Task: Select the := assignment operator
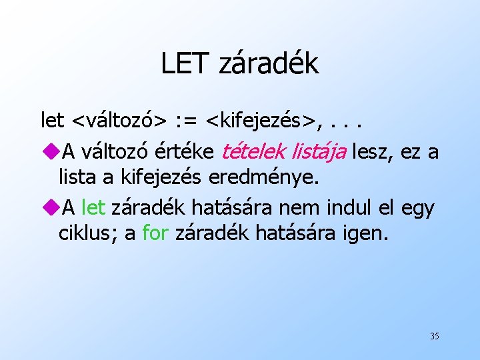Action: [x=188, y=121]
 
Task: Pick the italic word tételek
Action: [x=253, y=152]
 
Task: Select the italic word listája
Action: [x=319, y=152]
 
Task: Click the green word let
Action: [x=93, y=208]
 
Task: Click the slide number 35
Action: [x=434, y=336]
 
